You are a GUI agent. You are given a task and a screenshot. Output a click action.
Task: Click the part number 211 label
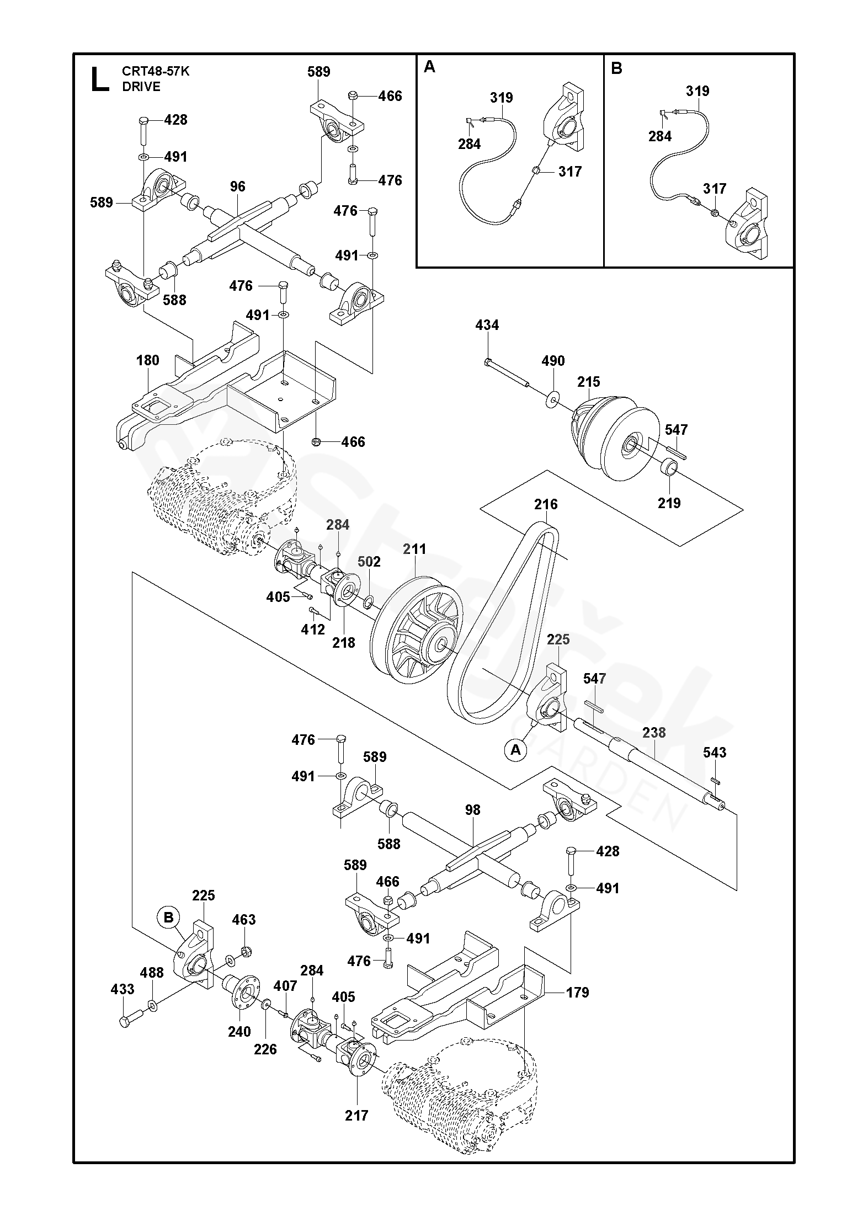click(x=414, y=550)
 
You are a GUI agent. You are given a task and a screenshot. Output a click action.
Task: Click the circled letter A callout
click(x=515, y=750)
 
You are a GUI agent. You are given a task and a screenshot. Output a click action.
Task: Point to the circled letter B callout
click(x=169, y=918)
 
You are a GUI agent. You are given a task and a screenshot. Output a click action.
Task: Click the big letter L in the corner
click(x=99, y=78)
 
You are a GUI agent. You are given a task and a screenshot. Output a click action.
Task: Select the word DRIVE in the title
click(x=141, y=87)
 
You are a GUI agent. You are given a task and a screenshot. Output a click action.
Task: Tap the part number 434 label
click(x=487, y=326)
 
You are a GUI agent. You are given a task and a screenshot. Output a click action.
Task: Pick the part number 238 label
click(x=654, y=733)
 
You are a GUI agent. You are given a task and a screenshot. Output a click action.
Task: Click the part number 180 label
click(x=148, y=360)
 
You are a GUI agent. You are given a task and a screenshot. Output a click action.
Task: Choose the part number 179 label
click(x=577, y=993)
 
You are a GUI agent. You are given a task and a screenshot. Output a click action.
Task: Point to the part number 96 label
click(x=238, y=186)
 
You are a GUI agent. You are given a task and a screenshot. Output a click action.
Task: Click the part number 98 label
click(x=472, y=810)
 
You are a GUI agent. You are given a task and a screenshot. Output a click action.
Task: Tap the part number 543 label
click(x=715, y=753)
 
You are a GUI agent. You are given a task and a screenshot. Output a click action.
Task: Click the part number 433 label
click(x=123, y=989)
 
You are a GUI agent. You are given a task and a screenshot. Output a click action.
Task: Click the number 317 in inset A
click(x=569, y=172)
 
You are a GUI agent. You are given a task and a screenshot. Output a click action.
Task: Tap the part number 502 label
click(x=369, y=562)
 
